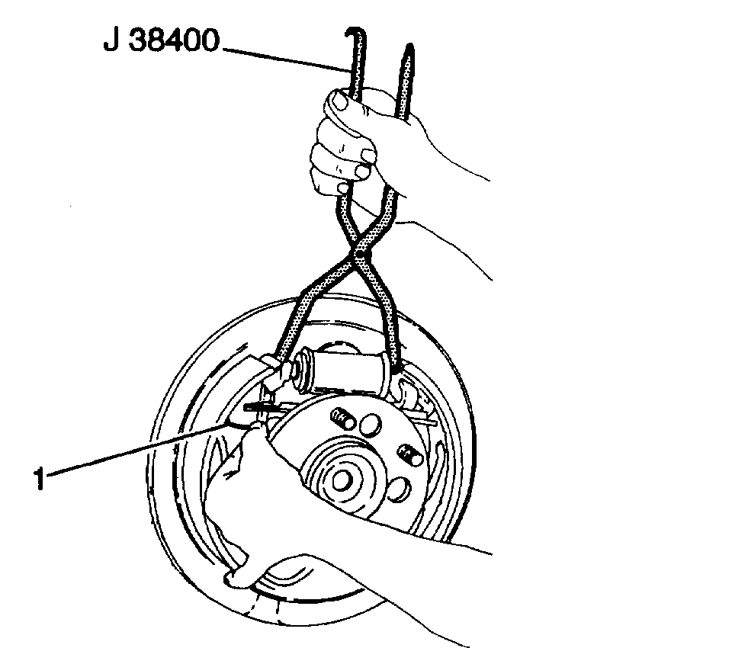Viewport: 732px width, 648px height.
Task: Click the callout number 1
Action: pyautogui.click(x=39, y=481)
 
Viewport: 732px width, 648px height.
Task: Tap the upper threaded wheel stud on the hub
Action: pyautogui.click(x=341, y=419)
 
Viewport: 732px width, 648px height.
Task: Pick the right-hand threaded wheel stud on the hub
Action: pyautogui.click(x=408, y=456)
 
